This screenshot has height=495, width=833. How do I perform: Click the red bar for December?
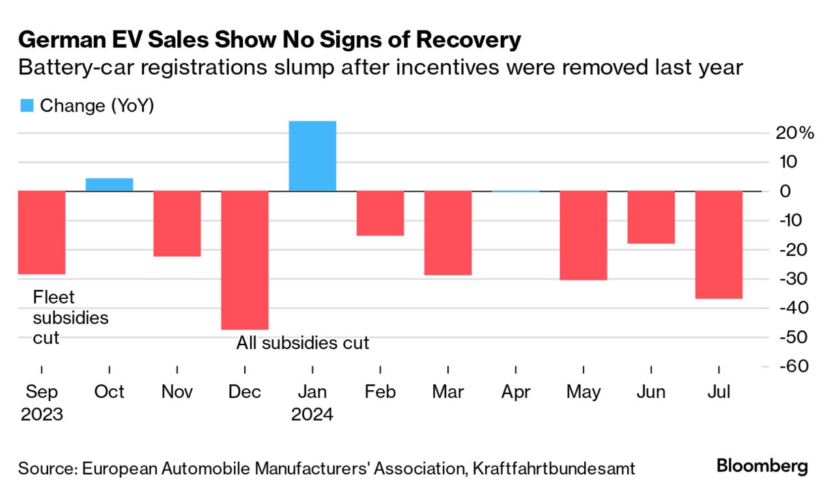[x=244, y=260]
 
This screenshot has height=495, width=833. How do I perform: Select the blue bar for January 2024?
[x=313, y=156]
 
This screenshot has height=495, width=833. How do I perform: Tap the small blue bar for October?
[x=109, y=184]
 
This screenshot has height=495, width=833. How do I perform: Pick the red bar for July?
[x=719, y=244]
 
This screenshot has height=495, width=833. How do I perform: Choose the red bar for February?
[x=380, y=213]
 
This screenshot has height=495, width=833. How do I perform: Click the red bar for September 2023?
[x=42, y=233]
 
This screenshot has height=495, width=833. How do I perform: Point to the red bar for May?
[x=584, y=235]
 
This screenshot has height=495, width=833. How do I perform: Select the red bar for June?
[x=651, y=217]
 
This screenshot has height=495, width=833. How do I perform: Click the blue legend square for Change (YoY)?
[x=27, y=106]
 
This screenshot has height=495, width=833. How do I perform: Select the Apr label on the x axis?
[x=516, y=392]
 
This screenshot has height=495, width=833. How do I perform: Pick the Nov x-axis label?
[x=176, y=392]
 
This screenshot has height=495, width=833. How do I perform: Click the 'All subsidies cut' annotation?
[x=302, y=343]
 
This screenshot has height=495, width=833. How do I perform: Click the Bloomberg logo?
[x=762, y=466]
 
